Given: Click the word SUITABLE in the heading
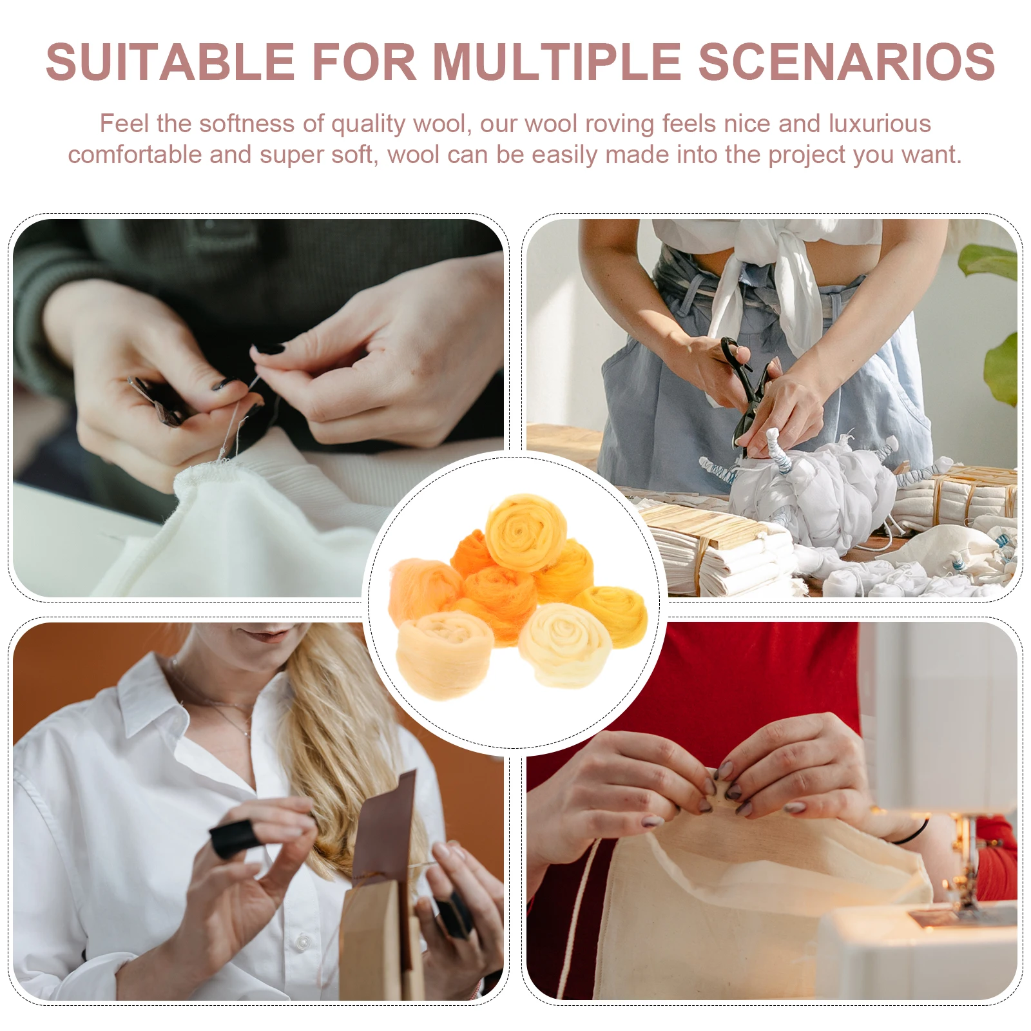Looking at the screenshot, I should click(x=169, y=62).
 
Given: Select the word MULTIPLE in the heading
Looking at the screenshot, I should click(x=556, y=62).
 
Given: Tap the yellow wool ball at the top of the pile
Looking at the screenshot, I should click(x=525, y=532).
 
